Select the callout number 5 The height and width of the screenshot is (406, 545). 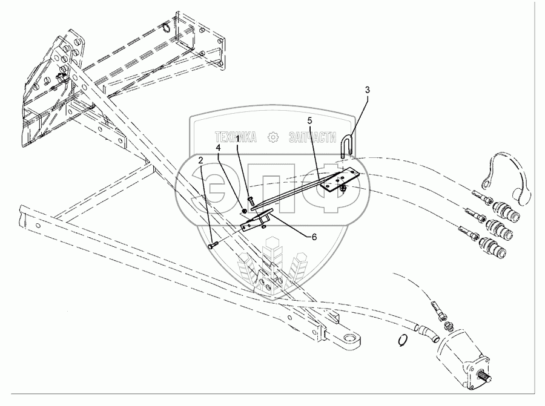tap(309, 120)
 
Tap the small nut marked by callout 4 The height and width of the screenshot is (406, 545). tap(243, 211)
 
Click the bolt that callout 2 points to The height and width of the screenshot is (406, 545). tap(212, 245)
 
